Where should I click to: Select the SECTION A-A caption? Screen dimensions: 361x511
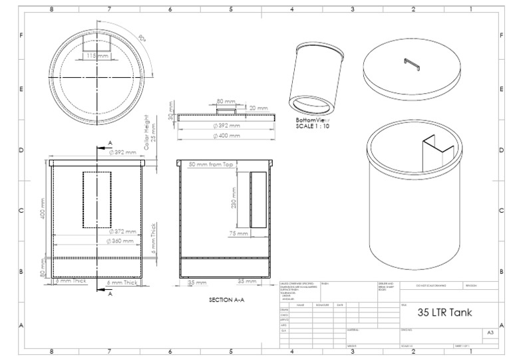click(x=229, y=300)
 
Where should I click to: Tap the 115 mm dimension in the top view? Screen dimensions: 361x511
click(x=97, y=56)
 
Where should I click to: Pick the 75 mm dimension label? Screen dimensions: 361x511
click(x=238, y=234)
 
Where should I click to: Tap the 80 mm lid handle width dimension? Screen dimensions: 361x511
click(x=226, y=102)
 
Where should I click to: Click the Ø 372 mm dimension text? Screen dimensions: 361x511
click(x=122, y=231)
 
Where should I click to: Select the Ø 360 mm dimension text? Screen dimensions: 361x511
click(x=121, y=240)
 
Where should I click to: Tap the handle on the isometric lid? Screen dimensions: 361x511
click(x=412, y=62)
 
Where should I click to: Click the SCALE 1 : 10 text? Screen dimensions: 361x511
click(x=313, y=126)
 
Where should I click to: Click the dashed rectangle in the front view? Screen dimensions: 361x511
click(x=97, y=199)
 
